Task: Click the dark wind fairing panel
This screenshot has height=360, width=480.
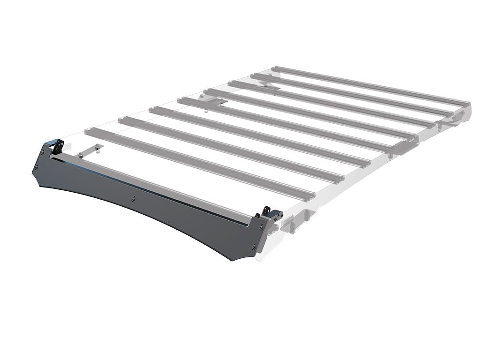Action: [141, 202]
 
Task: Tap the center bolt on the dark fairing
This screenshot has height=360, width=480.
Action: [134, 199]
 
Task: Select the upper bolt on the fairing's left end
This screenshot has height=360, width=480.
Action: [43, 153]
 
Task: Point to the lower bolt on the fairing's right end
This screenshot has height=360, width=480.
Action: [254, 246]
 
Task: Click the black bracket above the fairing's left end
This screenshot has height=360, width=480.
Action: [54, 145]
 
